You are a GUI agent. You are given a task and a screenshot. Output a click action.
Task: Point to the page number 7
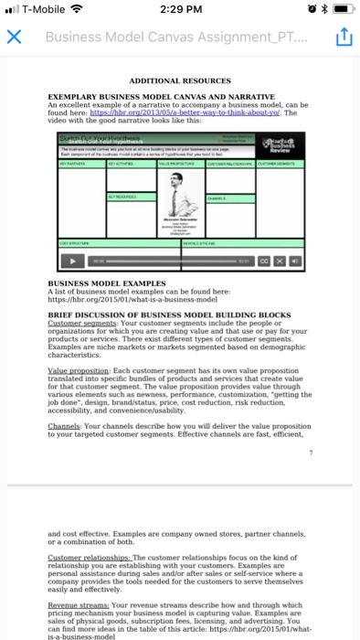click(x=311, y=453)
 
